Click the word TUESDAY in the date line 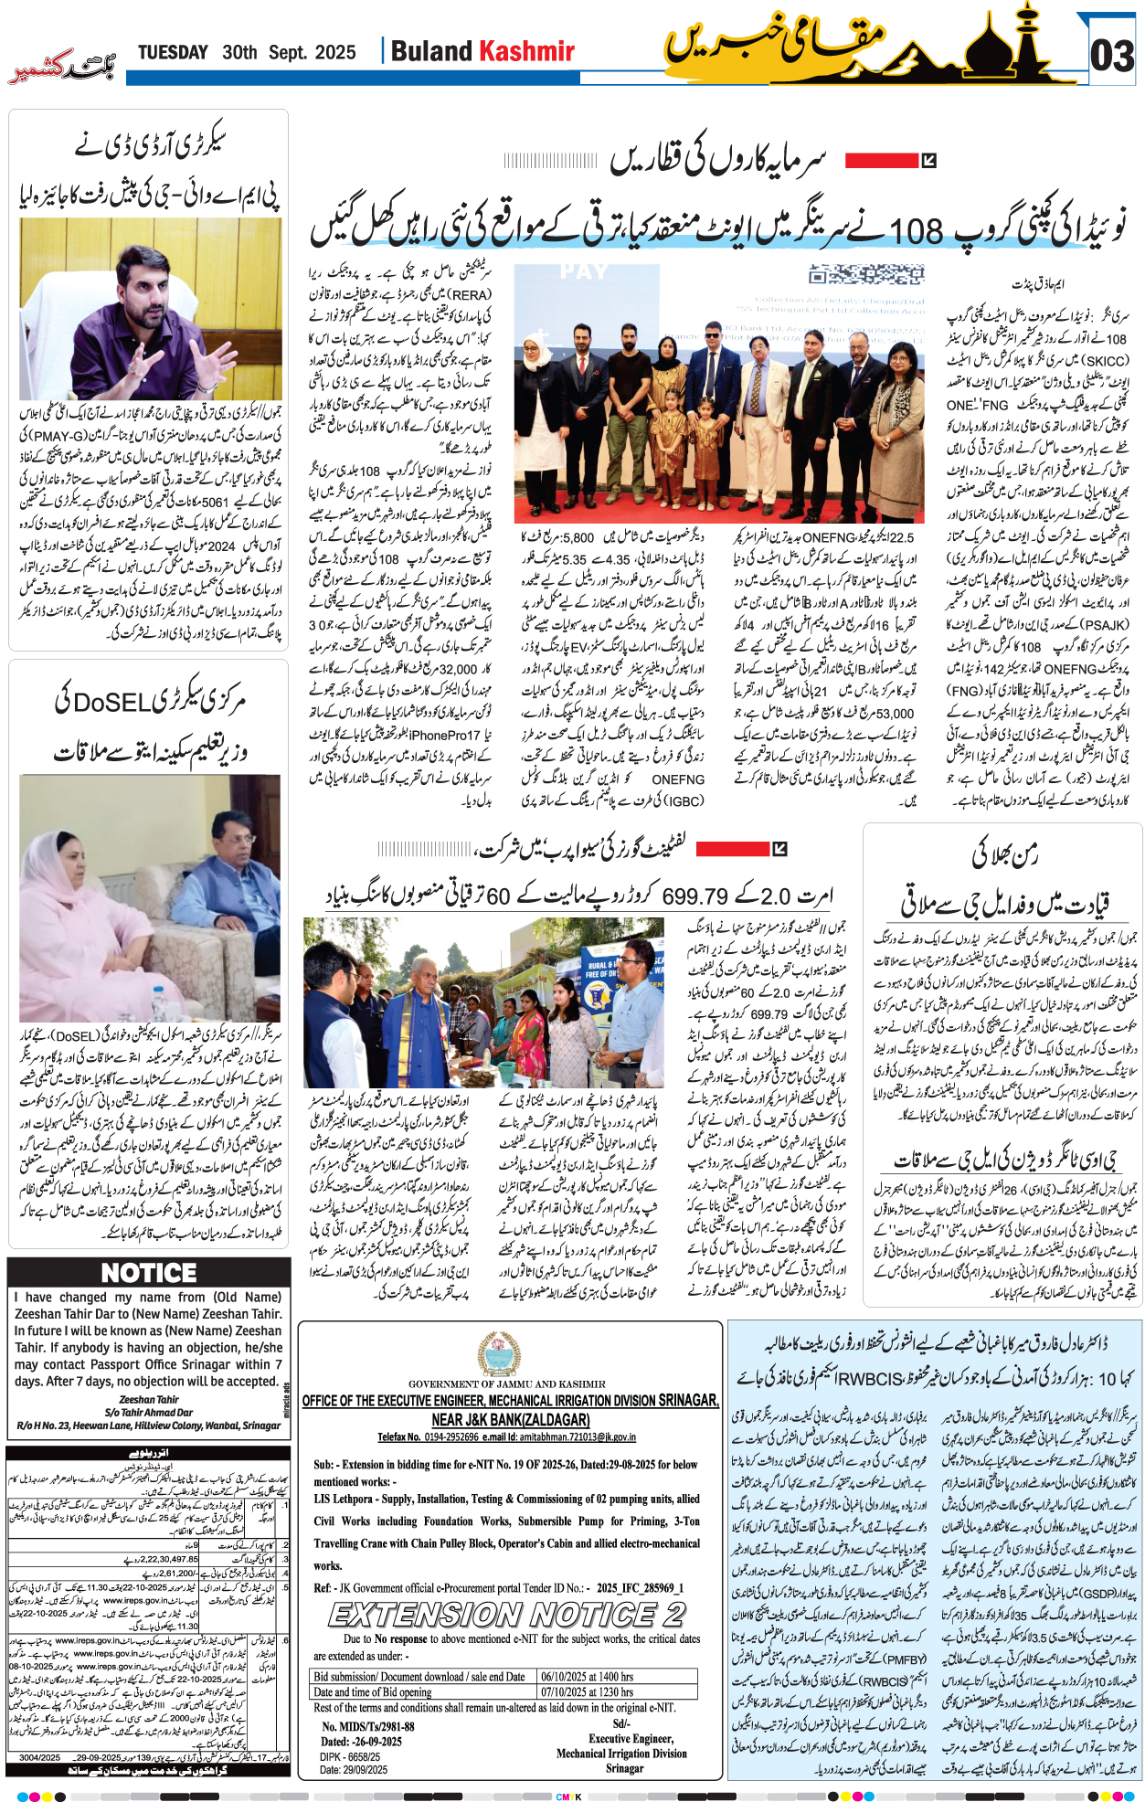point(173,53)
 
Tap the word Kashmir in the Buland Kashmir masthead point(527,51)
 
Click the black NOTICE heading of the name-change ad point(148,1273)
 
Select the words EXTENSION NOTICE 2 point(507,1615)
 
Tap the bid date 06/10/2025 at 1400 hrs point(587,1677)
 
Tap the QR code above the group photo point(866,275)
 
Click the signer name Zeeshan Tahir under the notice point(149,1399)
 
